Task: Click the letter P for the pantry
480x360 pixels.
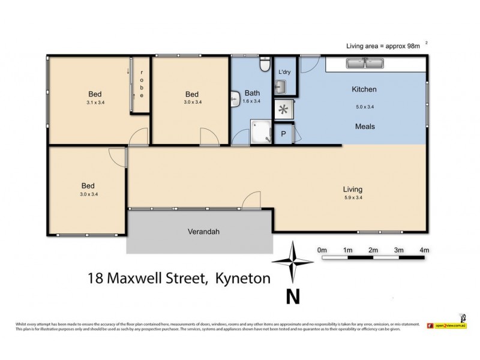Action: pyautogui.click(x=283, y=134)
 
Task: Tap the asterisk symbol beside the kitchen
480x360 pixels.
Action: pyautogui.click(x=283, y=109)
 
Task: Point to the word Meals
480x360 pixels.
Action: pyautogui.click(x=364, y=127)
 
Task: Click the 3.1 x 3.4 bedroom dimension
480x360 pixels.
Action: pyautogui.click(x=95, y=103)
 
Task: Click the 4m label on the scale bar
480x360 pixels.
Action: pyautogui.click(x=424, y=250)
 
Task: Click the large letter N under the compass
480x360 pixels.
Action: pyautogui.click(x=292, y=296)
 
